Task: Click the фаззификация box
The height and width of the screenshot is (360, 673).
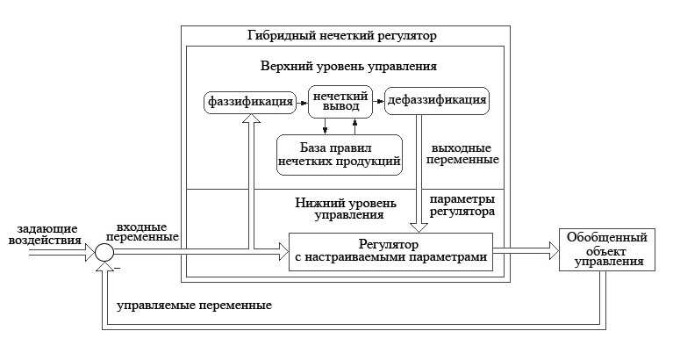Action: coord(249,101)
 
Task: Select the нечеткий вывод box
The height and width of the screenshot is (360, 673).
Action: coord(340,101)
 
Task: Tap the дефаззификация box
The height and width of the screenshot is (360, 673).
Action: coord(436,101)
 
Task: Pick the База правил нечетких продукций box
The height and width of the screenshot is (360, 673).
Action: coord(339,153)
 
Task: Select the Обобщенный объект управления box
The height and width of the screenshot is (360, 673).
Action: coord(607,251)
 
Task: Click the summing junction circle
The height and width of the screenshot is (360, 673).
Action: coord(104,252)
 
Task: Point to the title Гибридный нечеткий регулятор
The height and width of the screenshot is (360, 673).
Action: coord(341,36)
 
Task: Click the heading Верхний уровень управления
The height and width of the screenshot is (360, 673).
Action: coord(348,66)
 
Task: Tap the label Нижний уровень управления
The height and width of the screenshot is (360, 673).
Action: coord(345,207)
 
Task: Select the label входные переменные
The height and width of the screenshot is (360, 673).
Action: coord(142,232)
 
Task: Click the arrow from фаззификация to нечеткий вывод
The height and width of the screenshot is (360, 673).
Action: coord(301,102)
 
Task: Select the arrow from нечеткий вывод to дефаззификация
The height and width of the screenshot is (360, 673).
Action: coord(380,102)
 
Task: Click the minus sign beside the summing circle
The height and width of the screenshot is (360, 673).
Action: coord(116,266)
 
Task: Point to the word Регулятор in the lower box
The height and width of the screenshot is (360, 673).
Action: coord(389,243)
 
